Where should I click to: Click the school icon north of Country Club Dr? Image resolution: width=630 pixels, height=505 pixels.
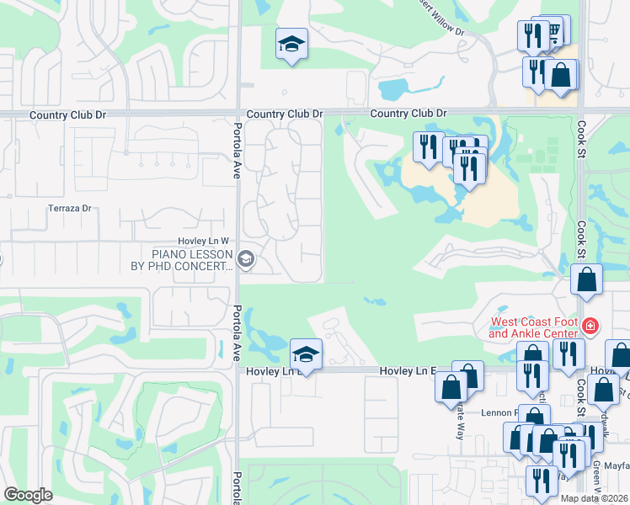291,45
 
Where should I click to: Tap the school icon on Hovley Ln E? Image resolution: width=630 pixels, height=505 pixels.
306,354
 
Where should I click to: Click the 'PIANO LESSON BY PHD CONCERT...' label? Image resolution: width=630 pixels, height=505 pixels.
192,260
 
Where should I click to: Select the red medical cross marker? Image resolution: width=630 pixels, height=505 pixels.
590,325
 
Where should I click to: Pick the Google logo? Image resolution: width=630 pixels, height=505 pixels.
28,495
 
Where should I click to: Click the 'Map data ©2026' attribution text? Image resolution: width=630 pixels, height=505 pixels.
595,498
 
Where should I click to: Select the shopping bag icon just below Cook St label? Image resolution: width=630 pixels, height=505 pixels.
586,279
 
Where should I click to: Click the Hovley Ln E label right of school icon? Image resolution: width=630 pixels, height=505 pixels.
408,370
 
